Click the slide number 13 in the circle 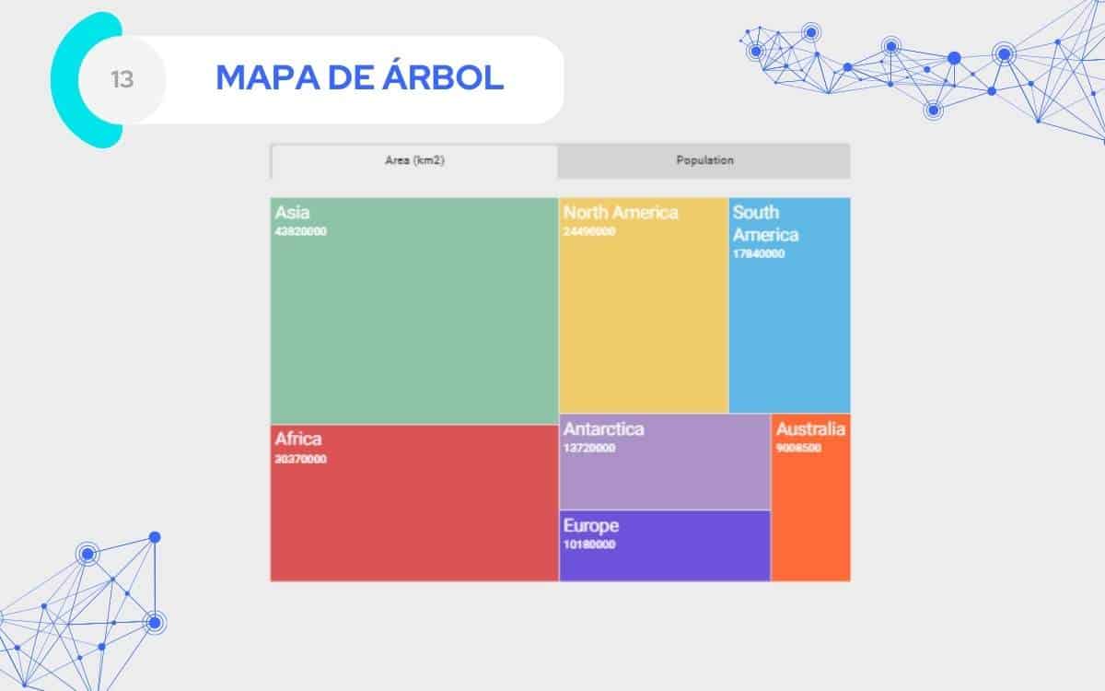(122, 80)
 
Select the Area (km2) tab (414, 160)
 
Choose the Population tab (704, 160)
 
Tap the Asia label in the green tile (292, 213)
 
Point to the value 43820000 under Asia (300, 231)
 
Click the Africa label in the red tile (298, 439)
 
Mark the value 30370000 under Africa (300, 459)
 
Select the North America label (621, 213)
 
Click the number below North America (589, 231)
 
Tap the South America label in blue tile (764, 223)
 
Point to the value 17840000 (759, 253)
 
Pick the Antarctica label (603, 429)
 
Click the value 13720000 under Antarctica (589, 449)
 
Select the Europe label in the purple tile (590, 526)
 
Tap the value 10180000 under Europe (589, 545)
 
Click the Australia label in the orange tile (810, 429)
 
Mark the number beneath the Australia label (798, 449)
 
